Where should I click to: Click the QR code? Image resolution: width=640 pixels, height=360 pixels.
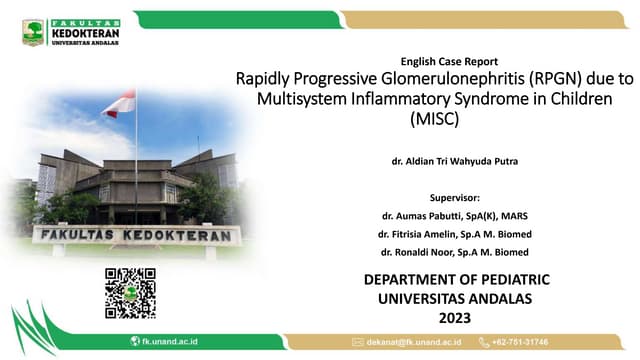click(130, 293)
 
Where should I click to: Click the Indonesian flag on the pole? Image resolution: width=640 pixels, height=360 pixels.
click(121, 103)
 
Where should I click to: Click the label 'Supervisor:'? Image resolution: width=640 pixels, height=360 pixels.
click(455, 198)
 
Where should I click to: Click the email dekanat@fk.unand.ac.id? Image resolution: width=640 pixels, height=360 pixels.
click(411, 342)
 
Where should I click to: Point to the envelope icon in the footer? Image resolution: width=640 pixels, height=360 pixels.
click(357, 342)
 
